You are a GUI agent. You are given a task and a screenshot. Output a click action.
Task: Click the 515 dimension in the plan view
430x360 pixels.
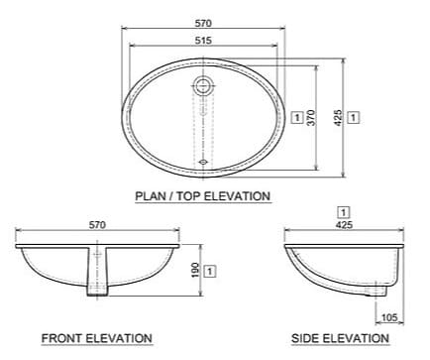point(202,41)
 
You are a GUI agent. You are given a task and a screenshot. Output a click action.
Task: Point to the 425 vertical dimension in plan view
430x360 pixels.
point(339,117)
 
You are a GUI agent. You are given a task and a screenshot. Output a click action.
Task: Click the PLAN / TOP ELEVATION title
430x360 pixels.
point(202,196)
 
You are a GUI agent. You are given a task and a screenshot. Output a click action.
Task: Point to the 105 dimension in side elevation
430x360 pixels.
point(389,316)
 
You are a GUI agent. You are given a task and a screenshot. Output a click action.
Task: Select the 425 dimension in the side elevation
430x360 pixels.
point(343,226)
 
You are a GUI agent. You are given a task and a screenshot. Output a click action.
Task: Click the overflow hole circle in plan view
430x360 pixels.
point(202,85)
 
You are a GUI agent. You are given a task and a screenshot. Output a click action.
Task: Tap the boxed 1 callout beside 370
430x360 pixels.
point(298,117)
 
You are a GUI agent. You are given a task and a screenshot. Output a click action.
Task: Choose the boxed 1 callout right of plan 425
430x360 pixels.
point(355,117)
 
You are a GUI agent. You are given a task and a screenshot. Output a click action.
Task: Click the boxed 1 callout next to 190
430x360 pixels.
point(211,270)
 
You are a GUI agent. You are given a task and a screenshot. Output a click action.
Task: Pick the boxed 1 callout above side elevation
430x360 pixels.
point(343,211)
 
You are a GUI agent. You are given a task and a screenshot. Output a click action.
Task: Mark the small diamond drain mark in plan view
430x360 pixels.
point(202,158)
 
